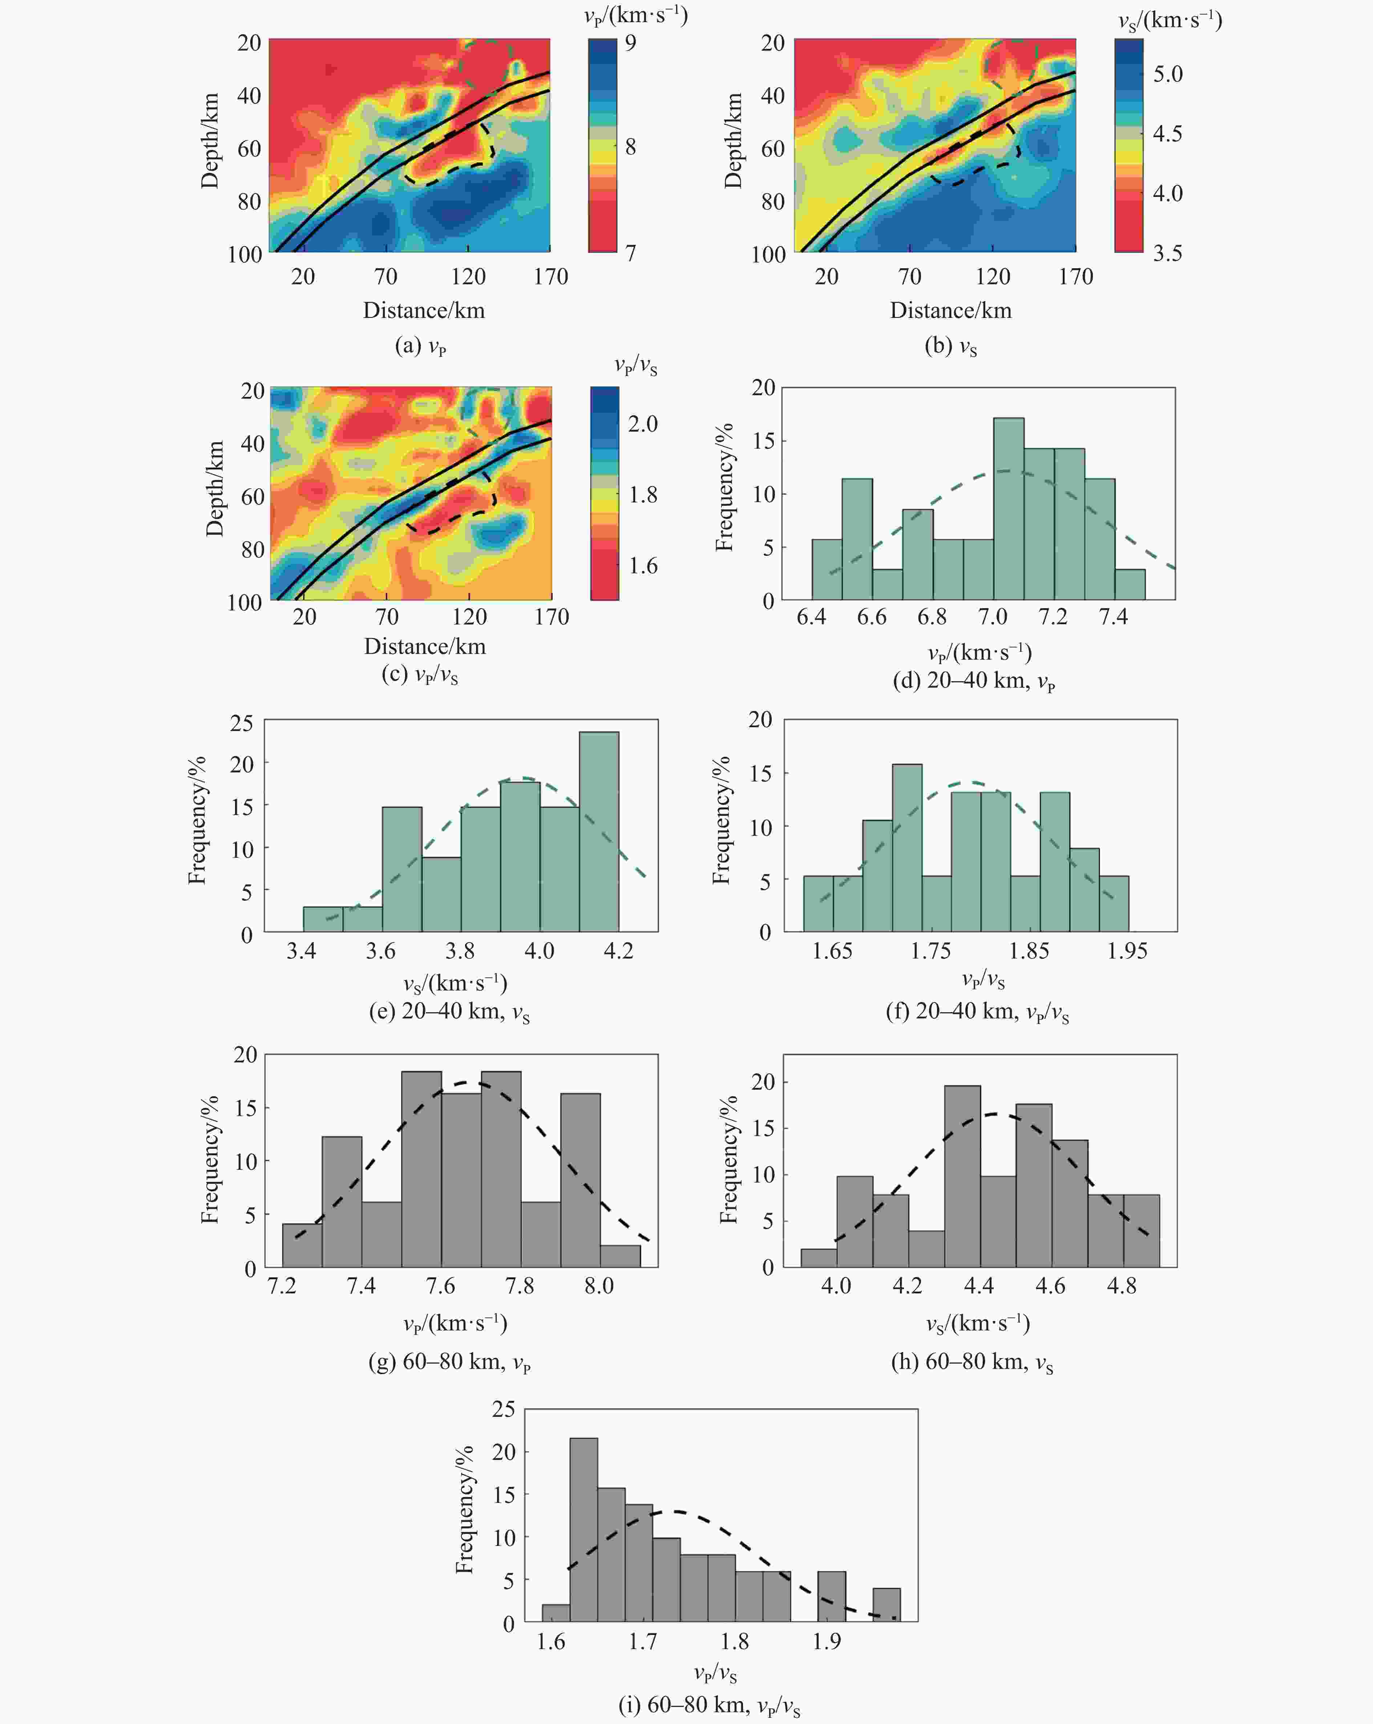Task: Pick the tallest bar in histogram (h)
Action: click(x=962, y=1175)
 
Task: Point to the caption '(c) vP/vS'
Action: click(x=420, y=674)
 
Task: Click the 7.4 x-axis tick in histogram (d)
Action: click(x=1113, y=617)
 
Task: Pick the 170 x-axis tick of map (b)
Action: click(x=1075, y=276)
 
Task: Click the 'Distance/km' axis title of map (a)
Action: click(x=424, y=310)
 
